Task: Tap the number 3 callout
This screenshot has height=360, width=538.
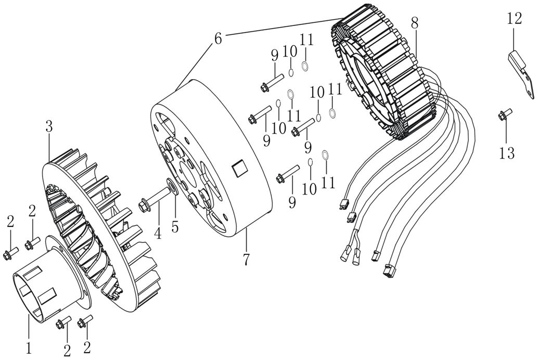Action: (x=49, y=126)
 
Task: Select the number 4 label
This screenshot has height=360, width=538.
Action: (x=158, y=233)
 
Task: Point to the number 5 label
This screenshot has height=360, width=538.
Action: (x=175, y=227)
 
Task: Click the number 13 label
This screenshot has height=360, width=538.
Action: (x=507, y=153)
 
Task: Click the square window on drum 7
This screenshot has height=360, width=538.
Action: (x=240, y=168)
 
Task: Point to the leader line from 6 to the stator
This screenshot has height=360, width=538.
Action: (x=281, y=26)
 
